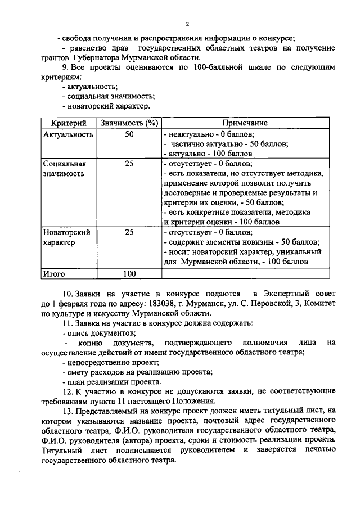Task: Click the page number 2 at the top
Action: tap(188, 23)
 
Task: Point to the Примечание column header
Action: tap(245, 123)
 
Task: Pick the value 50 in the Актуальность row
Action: tap(129, 135)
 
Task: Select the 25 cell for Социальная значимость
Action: tap(129, 164)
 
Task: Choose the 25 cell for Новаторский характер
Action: tap(129, 232)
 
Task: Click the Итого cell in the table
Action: tap(55, 274)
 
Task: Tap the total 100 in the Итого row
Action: tap(129, 274)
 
